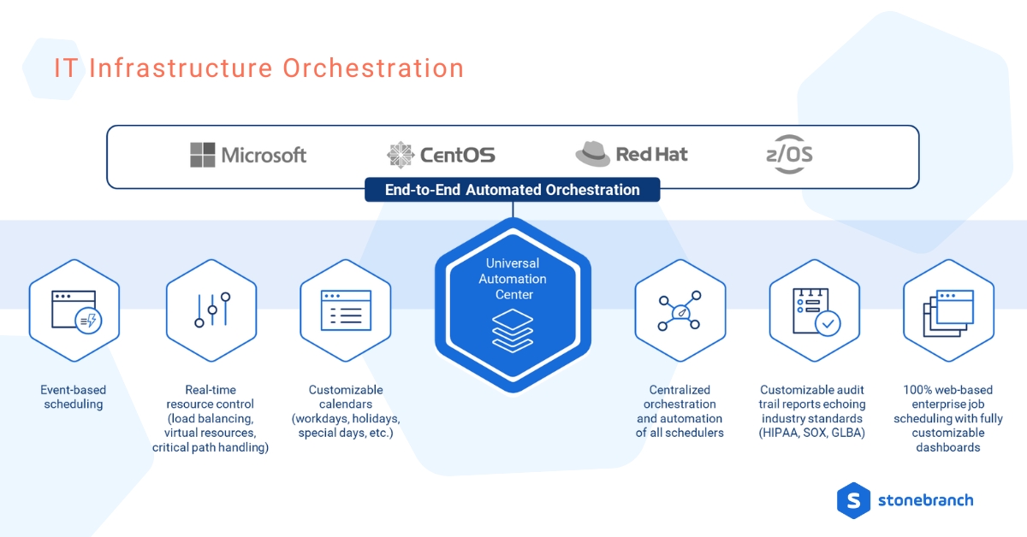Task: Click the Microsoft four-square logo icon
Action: point(203,155)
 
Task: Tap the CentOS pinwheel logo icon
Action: point(400,155)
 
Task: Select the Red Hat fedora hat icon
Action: point(592,154)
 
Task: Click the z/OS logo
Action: point(788,155)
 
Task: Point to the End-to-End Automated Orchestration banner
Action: point(513,190)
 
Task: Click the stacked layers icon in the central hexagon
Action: point(513,331)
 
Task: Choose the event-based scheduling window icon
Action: point(74,310)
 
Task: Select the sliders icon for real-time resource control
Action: point(211,310)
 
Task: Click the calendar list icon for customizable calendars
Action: point(345,310)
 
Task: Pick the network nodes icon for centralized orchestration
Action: point(680,311)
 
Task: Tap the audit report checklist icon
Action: point(814,310)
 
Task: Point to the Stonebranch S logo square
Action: point(852,500)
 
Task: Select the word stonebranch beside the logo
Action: point(925,500)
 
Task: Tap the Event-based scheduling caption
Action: point(74,397)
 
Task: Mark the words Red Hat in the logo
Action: point(651,155)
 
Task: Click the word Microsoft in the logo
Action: point(264,155)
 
